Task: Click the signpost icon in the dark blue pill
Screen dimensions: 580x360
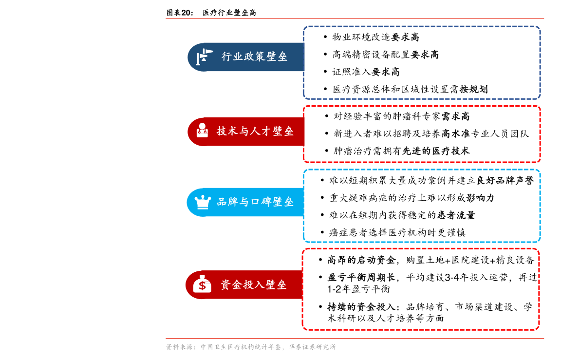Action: pos(204,57)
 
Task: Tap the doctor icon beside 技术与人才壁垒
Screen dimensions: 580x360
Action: pos(202,131)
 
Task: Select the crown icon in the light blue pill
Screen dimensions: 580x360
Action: pos(203,202)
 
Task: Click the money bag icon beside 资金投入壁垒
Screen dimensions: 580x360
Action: pos(202,284)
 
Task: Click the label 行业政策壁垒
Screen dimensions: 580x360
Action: pos(254,57)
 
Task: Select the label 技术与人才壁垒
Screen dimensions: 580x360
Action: pos(255,131)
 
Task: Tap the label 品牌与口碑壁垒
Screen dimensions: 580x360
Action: pos(255,202)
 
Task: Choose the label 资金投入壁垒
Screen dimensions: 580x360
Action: pos(253,284)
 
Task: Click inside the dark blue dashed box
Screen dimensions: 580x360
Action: pos(422,62)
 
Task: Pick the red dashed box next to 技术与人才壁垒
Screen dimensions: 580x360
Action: pos(422,134)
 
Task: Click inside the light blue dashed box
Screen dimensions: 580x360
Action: pos(422,206)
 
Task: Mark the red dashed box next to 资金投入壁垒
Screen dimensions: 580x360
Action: pos(421,289)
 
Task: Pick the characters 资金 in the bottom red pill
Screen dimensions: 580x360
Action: pos(231,284)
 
